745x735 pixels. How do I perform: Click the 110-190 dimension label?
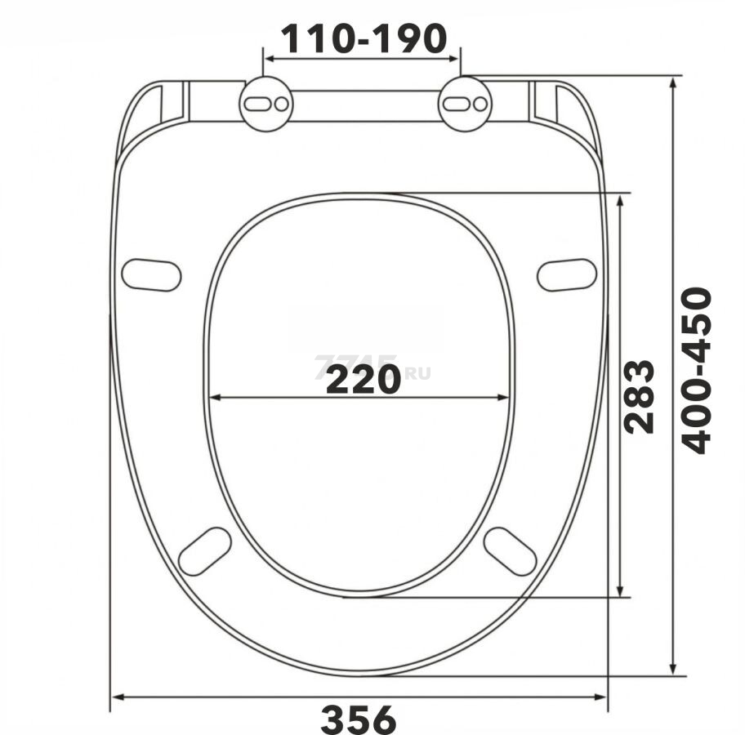364,38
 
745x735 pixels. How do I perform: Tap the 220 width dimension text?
364,379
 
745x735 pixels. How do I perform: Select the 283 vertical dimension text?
639,396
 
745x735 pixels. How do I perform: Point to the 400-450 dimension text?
697,370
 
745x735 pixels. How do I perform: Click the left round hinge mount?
265,103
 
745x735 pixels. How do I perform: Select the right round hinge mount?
465,103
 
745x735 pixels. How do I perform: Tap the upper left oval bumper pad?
151,274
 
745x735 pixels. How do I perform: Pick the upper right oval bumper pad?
566,274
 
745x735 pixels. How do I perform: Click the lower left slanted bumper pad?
205,550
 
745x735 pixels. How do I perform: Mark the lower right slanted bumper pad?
510,550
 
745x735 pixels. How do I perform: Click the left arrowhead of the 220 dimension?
215,398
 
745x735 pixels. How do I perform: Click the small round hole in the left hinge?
280,104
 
